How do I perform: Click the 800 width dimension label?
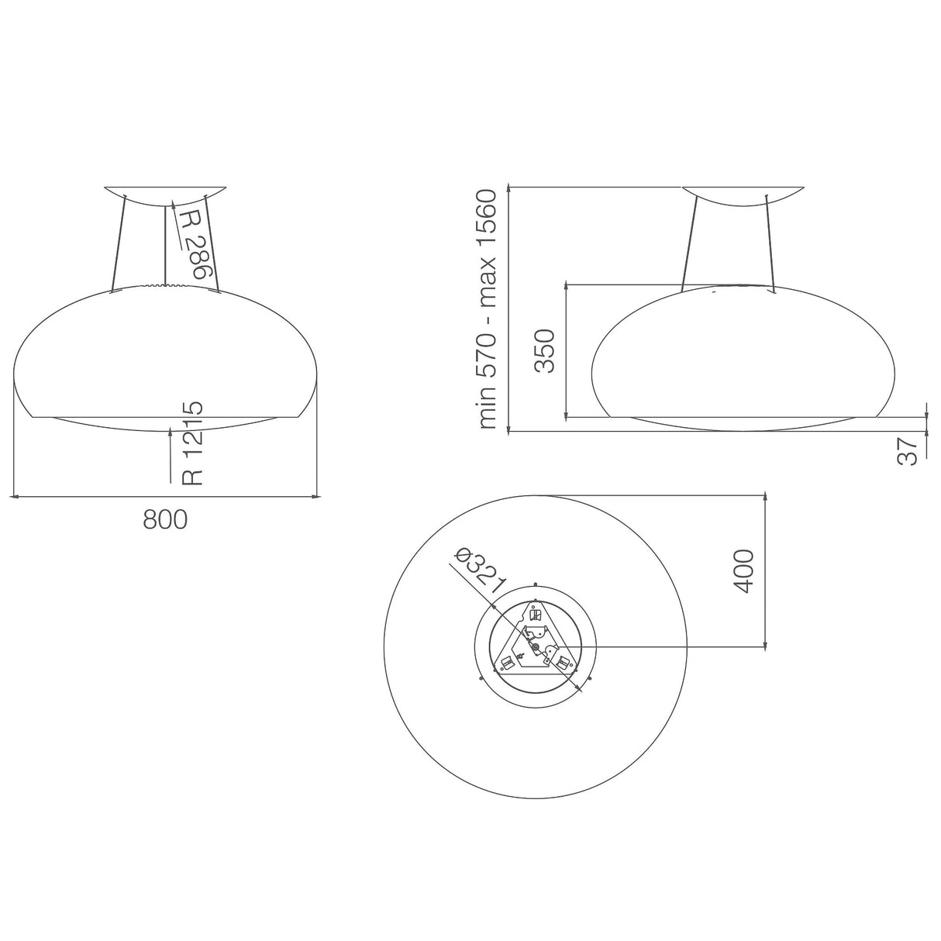165,519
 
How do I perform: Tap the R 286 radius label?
194,243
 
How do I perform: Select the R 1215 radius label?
192,443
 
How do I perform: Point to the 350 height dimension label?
546,350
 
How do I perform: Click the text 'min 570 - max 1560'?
488,308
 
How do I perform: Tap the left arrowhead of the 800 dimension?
15,495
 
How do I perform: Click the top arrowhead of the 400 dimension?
766,498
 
